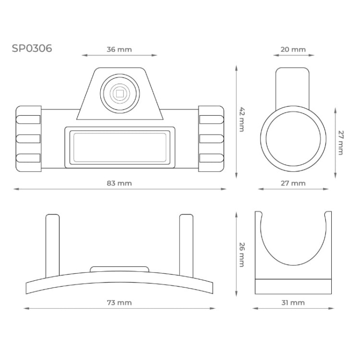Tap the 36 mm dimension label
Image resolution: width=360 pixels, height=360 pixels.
click(119, 49)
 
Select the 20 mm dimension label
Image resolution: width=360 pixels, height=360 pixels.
click(292, 49)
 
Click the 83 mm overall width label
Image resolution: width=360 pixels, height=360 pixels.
click(119, 183)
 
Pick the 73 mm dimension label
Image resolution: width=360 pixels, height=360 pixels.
click(119, 302)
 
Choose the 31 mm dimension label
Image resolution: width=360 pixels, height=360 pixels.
click(292, 302)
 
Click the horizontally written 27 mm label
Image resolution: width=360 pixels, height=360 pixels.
click(292, 183)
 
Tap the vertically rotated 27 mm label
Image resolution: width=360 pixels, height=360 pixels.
click(340, 142)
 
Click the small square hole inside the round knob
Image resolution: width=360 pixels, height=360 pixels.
click(119, 93)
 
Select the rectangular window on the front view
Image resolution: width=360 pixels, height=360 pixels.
click(119, 147)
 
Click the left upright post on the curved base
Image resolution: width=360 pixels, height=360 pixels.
click(52, 245)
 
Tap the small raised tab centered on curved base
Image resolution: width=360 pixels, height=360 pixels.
click(119, 269)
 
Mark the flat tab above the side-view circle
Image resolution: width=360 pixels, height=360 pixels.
click(292, 86)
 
